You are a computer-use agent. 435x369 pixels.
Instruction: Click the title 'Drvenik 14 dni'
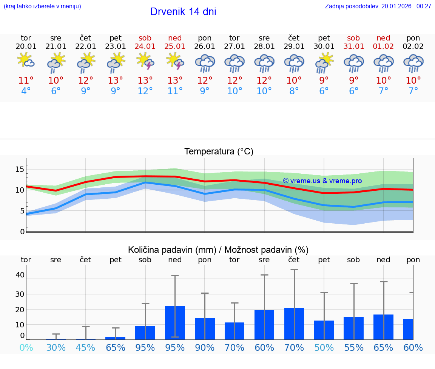point(183,12)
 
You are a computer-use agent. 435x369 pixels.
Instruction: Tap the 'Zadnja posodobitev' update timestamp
point(378,6)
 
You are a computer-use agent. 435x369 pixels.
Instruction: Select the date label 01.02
point(383,47)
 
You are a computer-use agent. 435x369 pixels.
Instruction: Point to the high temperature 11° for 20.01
point(26,80)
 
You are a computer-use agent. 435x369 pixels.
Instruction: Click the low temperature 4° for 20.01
point(26,91)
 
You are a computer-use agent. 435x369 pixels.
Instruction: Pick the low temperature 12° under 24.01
point(145,91)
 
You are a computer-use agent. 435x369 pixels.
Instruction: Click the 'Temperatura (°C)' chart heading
point(219,152)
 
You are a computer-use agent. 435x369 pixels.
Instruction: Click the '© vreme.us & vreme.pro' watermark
point(322,181)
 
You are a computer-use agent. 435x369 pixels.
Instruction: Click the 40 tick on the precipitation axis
point(20,275)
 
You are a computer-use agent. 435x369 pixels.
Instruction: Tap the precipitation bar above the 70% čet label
point(294,324)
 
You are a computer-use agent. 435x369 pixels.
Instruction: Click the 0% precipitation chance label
point(26,348)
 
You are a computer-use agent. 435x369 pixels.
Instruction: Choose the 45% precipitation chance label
point(86,348)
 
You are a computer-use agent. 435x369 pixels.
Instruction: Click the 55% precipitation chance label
point(354,348)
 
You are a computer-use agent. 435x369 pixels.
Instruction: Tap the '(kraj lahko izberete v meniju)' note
point(42,6)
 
